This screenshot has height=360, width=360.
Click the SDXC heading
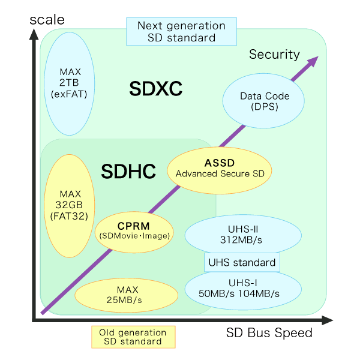(x=155, y=89)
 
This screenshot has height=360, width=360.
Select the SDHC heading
(x=128, y=172)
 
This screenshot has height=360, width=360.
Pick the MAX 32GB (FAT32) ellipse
(x=70, y=205)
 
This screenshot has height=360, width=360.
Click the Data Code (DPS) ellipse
(x=264, y=101)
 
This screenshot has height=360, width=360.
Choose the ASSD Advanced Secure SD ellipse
(x=218, y=167)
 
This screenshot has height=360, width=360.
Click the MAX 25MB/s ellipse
(x=127, y=293)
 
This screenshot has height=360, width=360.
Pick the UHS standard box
(x=242, y=262)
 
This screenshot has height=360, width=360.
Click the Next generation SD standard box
(x=181, y=32)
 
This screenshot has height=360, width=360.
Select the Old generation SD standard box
(x=133, y=337)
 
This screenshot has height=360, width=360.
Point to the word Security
(x=274, y=55)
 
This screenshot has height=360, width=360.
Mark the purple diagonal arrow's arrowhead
(x=313, y=61)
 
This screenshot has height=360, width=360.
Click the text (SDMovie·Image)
(x=133, y=236)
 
